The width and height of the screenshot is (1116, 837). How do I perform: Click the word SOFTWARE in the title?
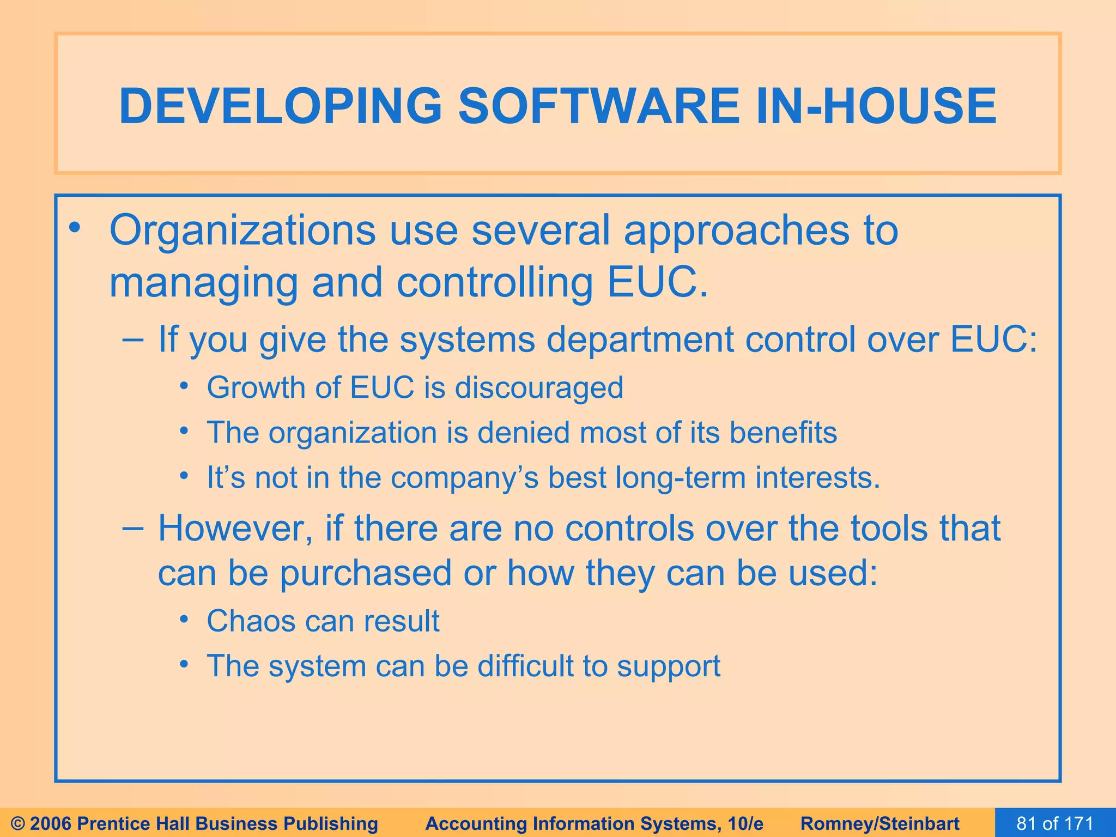(598, 106)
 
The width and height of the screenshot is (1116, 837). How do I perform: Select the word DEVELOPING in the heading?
(280, 106)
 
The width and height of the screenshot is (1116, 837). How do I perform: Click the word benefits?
(783, 433)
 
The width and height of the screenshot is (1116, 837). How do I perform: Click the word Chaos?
(251, 621)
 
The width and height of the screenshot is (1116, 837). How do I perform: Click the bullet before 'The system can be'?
(185, 664)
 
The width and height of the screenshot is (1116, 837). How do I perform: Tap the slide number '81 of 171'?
(1055, 823)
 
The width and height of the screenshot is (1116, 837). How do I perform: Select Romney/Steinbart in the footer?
(880, 823)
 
